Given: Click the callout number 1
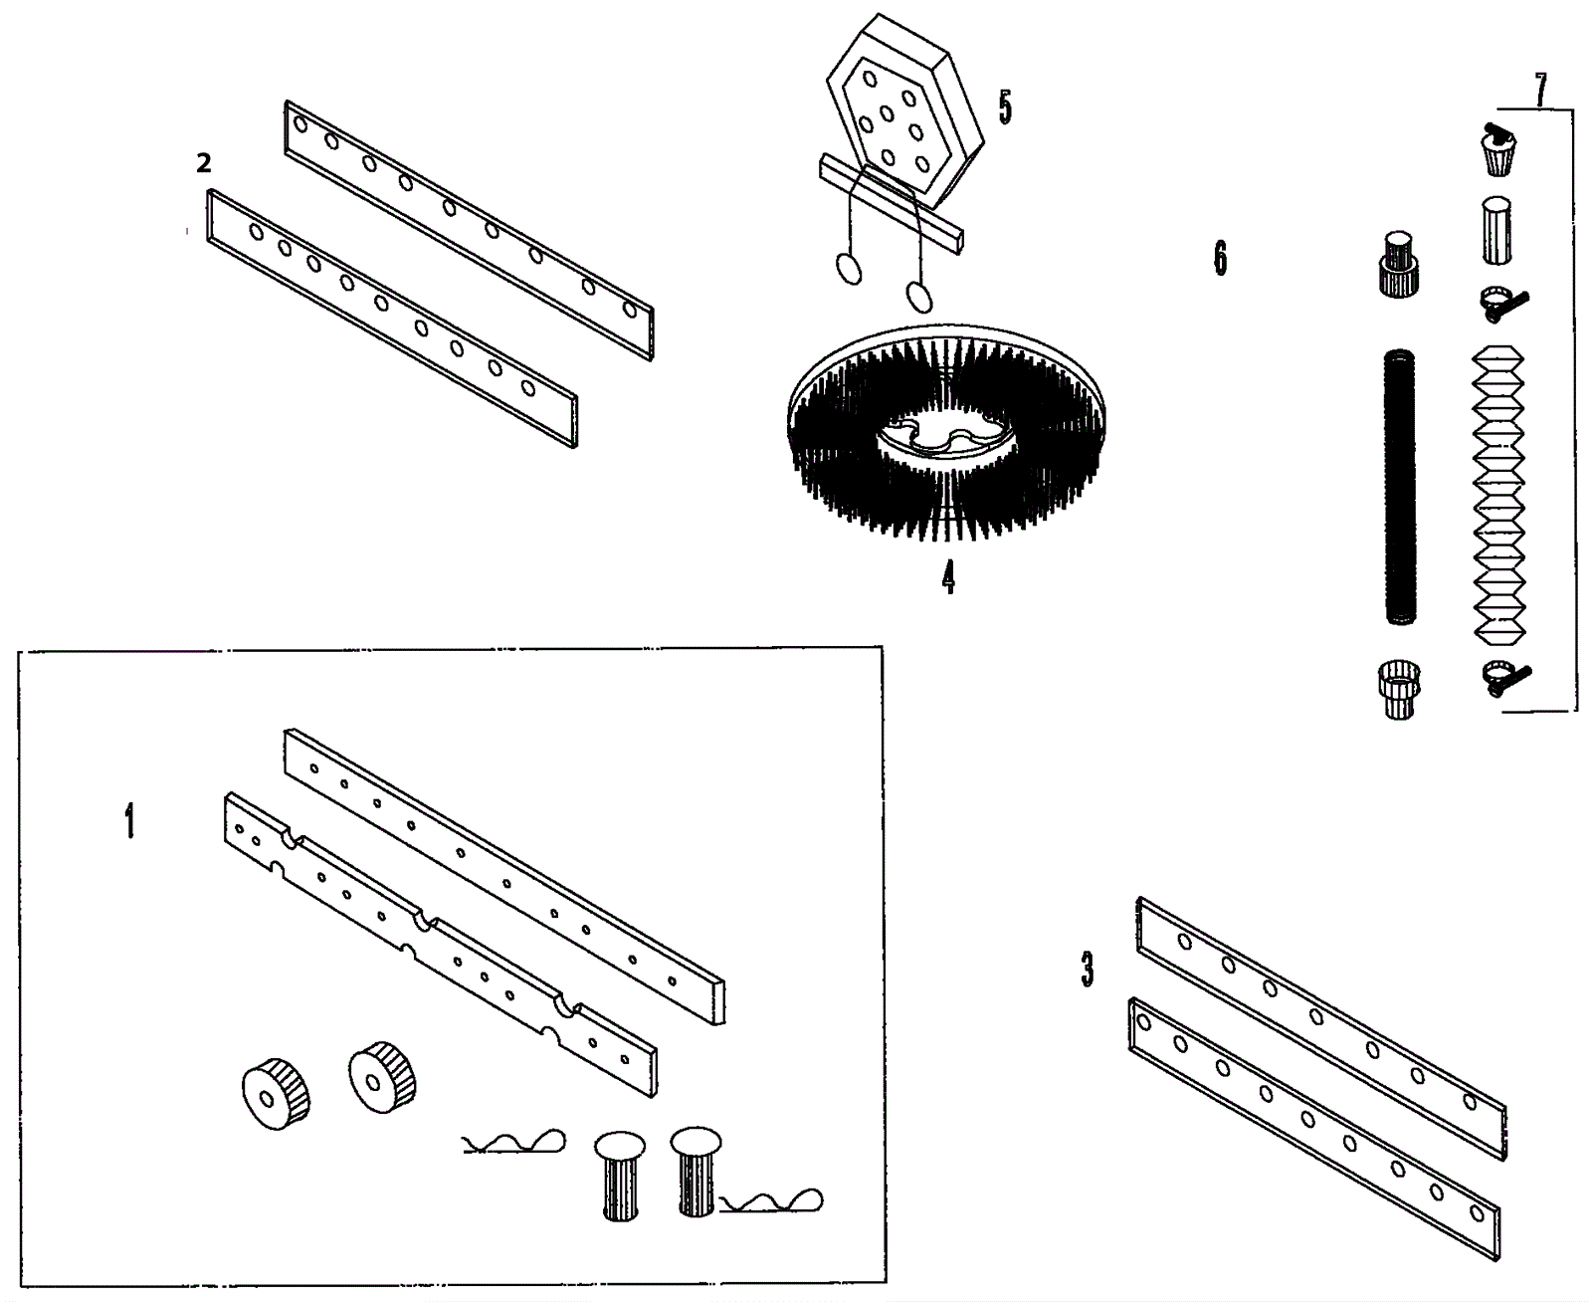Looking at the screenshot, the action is (129, 822).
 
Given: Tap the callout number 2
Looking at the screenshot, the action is (204, 163).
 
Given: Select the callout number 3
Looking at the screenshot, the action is (1088, 969).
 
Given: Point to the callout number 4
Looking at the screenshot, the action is (948, 576).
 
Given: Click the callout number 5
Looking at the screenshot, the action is (1005, 108).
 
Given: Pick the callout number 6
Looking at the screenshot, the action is (1220, 258).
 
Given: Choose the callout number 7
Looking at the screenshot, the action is (1540, 90).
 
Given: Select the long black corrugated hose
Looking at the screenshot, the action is (1399, 488).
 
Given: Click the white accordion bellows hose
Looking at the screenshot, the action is (1497, 493).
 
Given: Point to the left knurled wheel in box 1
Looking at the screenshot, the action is (276, 1094).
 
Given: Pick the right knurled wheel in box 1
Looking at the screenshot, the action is (383, 1076).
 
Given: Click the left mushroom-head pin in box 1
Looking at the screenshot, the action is (620, 1174).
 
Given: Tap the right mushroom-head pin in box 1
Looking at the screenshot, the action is (696, 1169).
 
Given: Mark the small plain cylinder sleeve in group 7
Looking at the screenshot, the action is (1496, 230).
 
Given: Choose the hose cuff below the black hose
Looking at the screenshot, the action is (1399, 688).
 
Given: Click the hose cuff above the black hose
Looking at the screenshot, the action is (1399, 263).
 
